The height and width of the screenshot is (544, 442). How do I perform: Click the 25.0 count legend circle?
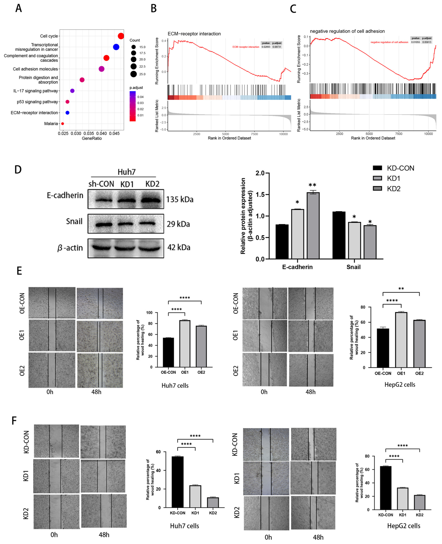click(x=133, y=74)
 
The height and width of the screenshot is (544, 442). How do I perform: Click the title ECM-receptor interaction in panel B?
click(x=194, y=34)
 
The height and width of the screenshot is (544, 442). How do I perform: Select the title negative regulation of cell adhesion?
click(x=347, y=31)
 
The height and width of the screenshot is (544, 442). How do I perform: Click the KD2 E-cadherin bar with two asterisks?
click(x=313, y=226)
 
